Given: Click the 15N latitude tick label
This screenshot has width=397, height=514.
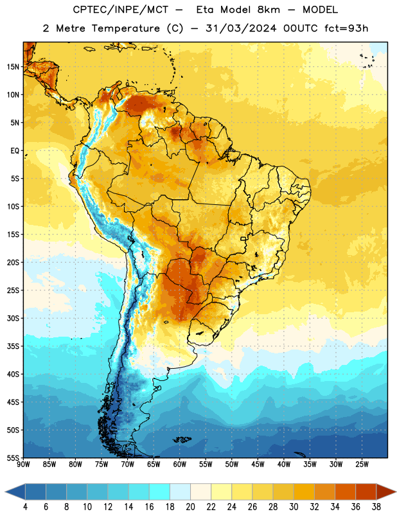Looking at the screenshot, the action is pos(13,67).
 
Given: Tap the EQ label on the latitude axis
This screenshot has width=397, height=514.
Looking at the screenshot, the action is pos(15,151).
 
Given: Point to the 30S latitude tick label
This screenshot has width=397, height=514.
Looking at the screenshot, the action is pos(13,318).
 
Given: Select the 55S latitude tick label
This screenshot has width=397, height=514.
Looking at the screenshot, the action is pos(13,458).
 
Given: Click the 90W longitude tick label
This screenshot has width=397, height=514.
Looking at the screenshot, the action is pos(23,464).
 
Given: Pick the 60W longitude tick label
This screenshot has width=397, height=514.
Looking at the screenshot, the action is pos(180,464).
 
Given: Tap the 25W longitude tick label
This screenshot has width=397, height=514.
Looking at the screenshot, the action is pos(362,464).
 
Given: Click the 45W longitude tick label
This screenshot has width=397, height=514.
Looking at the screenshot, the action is pos(258,464).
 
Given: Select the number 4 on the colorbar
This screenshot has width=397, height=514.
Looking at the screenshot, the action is pos(25,507).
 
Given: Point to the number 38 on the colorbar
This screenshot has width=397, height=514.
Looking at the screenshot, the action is pos(376,507).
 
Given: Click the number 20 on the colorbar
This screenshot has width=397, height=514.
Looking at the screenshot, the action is pos(190,507).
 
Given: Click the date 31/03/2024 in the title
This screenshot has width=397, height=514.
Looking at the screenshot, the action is pos(241,28).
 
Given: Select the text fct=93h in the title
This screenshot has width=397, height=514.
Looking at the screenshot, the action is pos(346,28).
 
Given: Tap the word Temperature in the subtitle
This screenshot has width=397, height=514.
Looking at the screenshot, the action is pos(125,28).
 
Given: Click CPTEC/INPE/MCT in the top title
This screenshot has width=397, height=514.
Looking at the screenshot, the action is pos(120,10).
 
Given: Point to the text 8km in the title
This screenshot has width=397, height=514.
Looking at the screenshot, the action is pos(269,10).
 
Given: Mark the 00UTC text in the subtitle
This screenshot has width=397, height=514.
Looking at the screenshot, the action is pos(300,28).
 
